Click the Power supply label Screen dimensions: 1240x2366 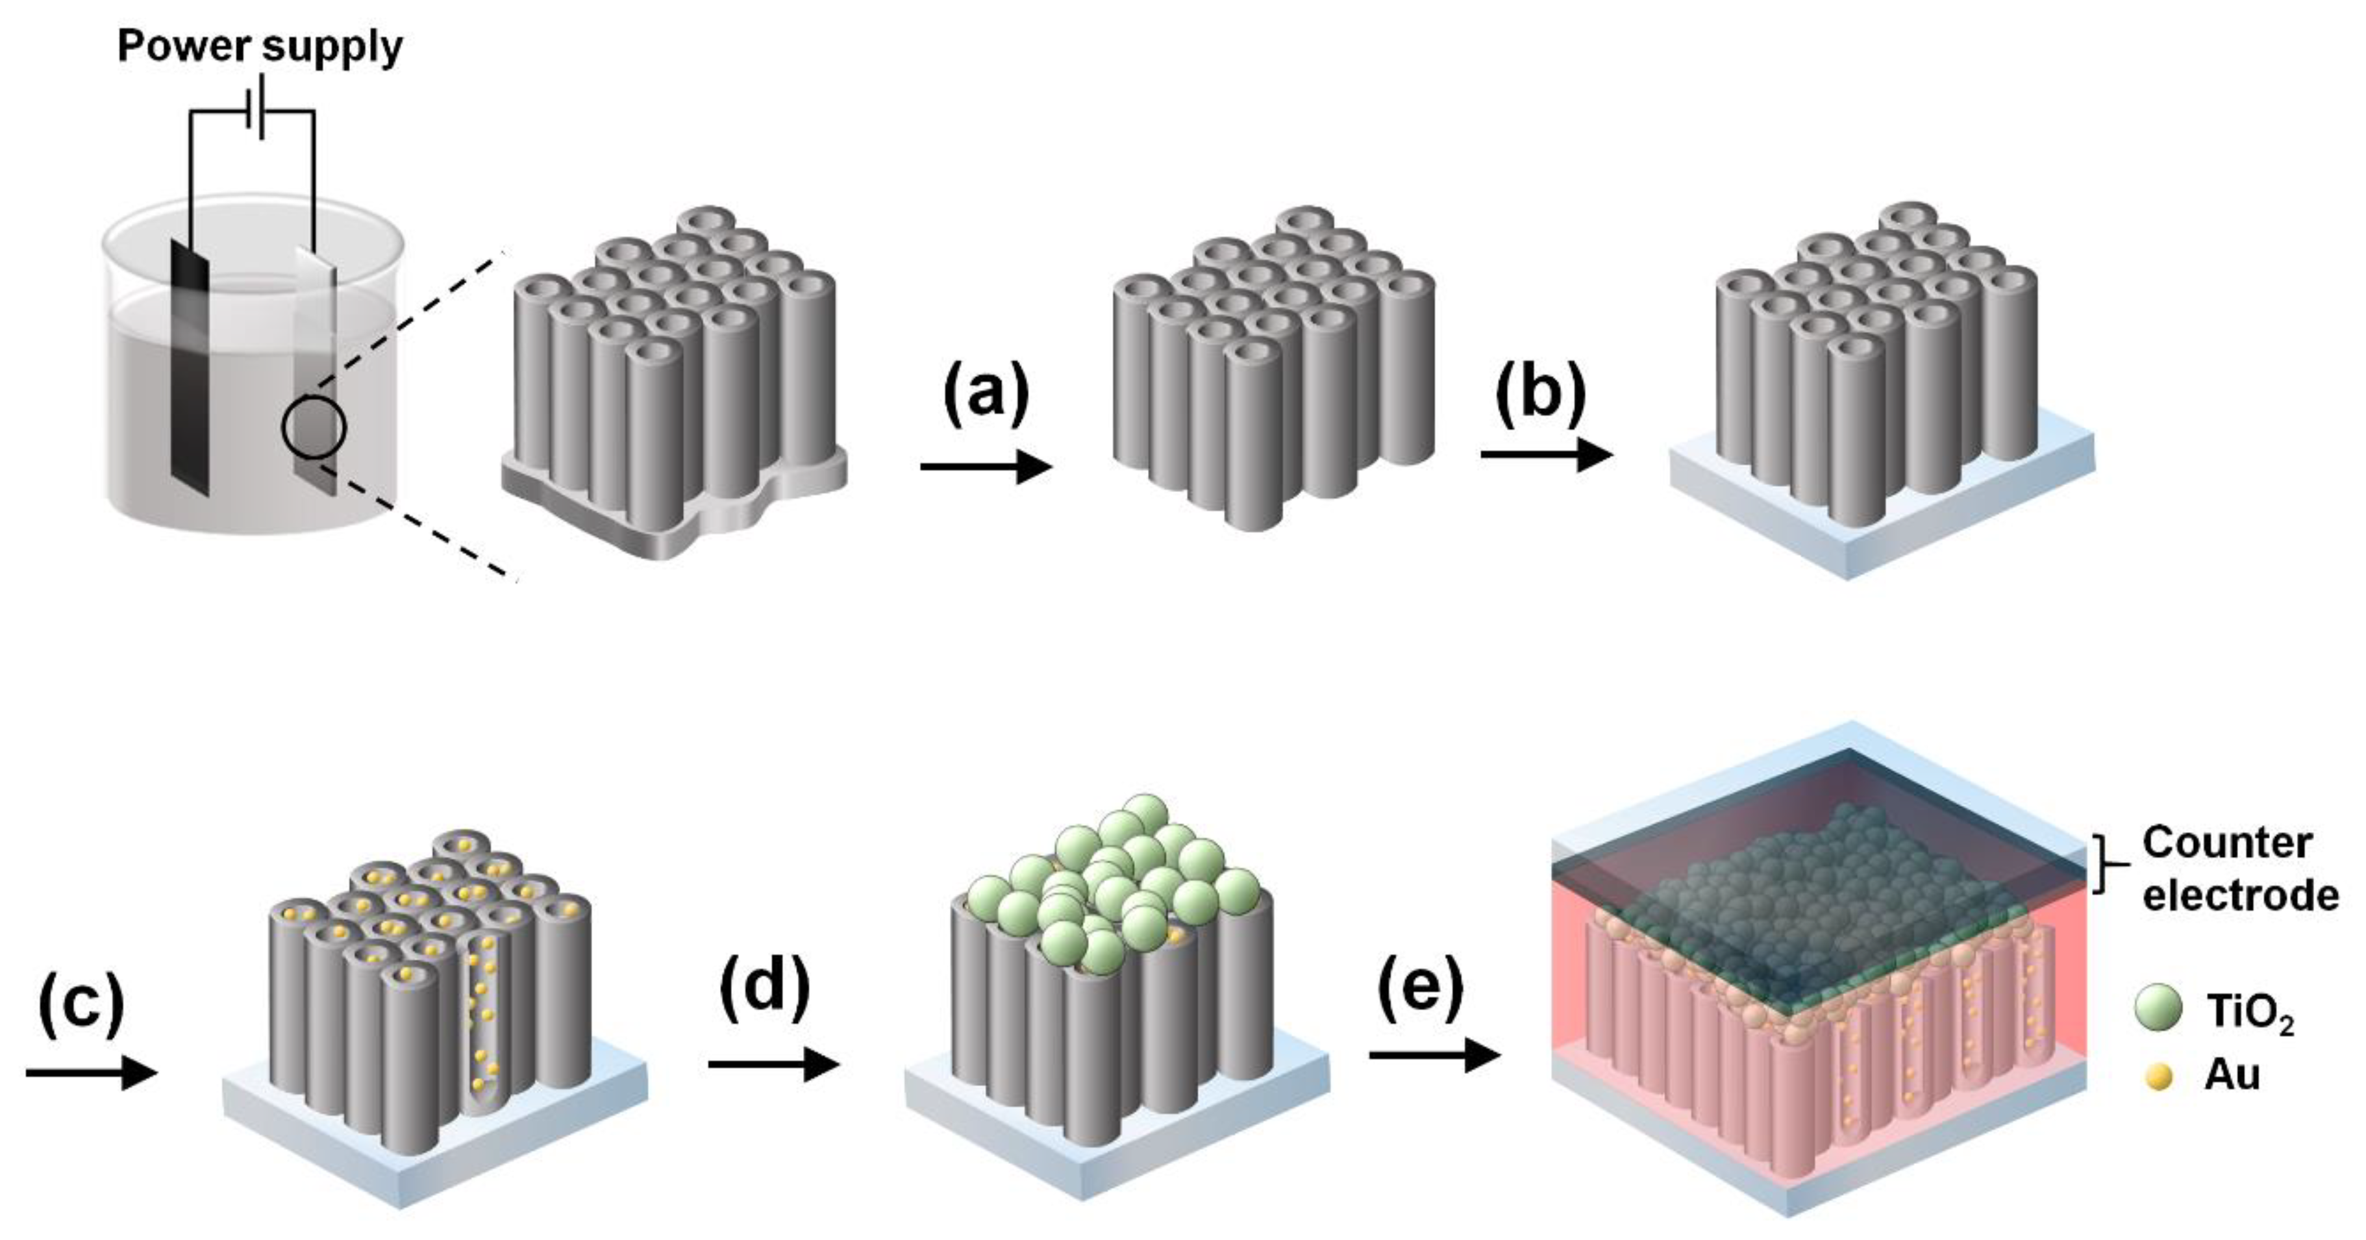point(260,46)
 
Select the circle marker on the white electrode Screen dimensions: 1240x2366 point(314,427)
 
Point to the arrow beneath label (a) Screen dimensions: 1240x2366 point(986,467)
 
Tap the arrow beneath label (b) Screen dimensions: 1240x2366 point(1547,454)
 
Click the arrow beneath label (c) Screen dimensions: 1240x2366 point(90,1073)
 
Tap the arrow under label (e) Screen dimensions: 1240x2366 point(1433,1056)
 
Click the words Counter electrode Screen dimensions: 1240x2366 point(2239,869)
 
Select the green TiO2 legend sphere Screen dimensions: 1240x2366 point(2158,1010)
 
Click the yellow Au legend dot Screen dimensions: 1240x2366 point(2158,1076)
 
